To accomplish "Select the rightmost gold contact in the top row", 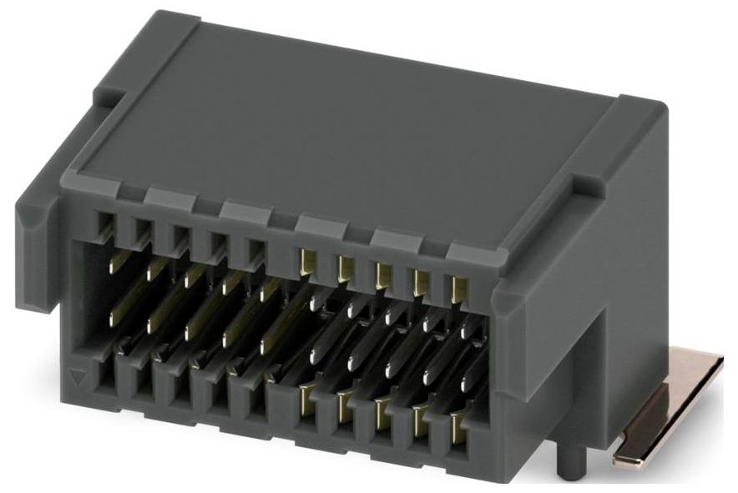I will pyautogui.click(x=456, y=289).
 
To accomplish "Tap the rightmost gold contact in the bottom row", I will pyautogui.click(x=457, y=429).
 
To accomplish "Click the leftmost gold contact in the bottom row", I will pyautogui.click(x=307, y=398).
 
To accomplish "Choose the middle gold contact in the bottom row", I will pyautogui.click(x=382, y=413).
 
